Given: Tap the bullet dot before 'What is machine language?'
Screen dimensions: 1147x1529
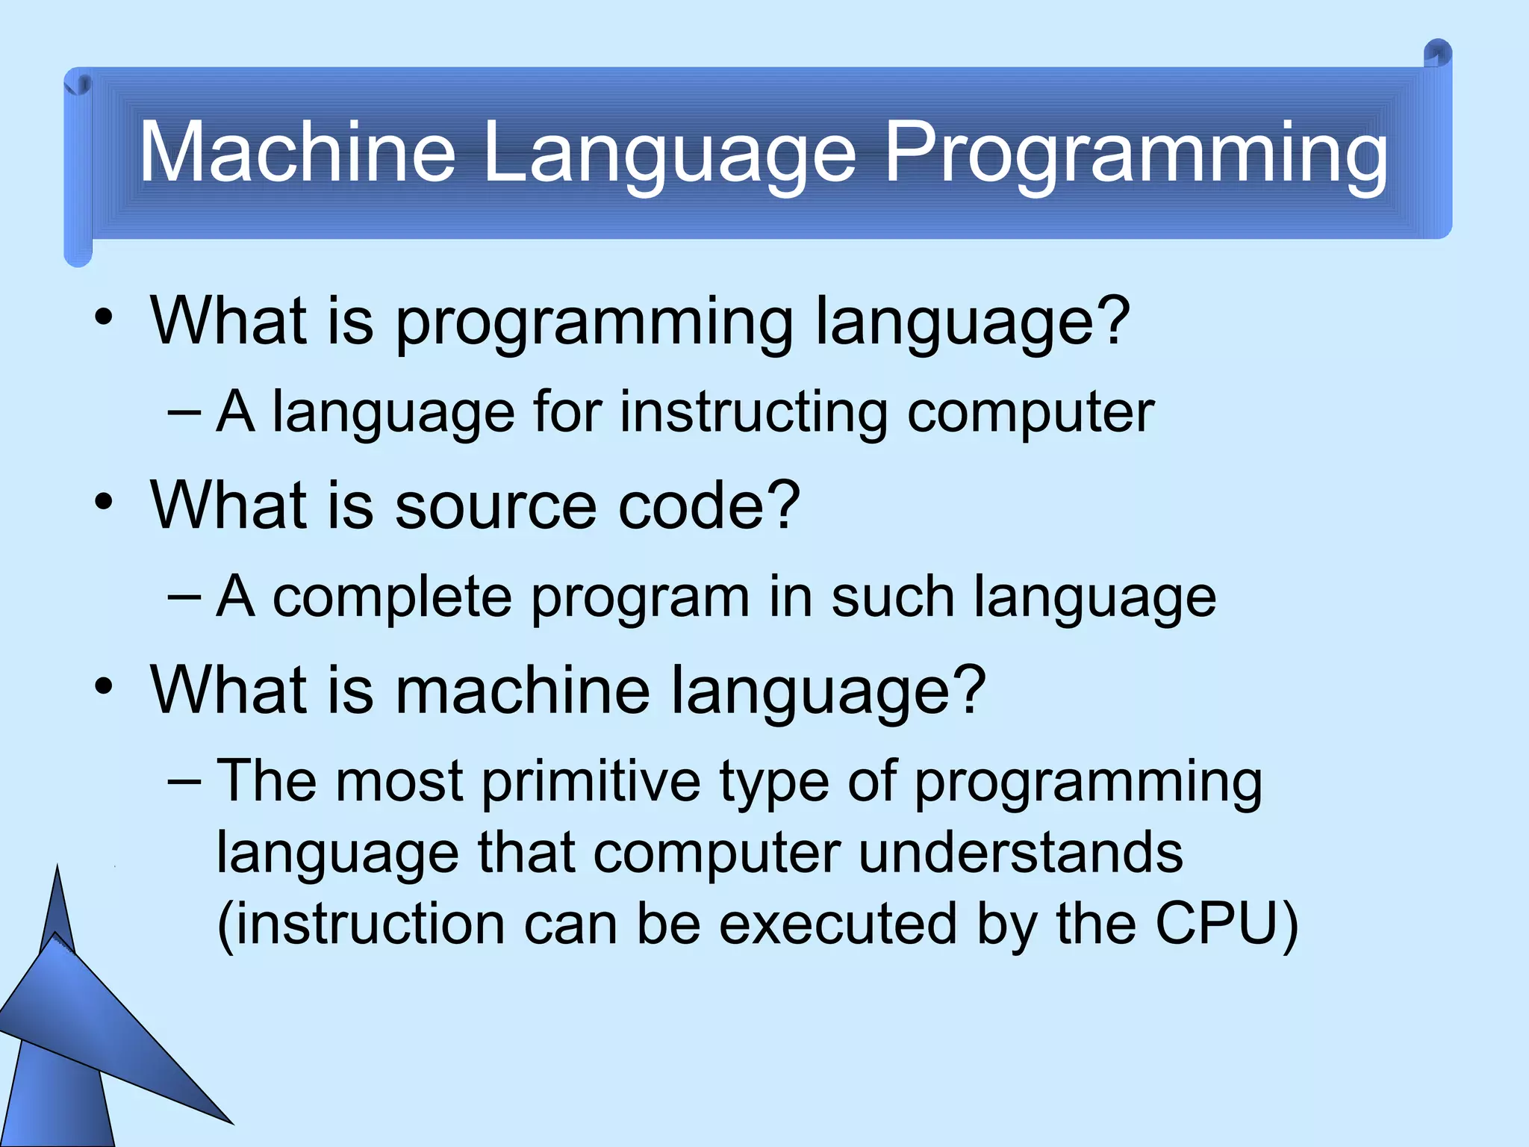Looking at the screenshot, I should tap(104, 686).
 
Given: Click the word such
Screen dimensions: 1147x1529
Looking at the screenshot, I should tap(892, 597).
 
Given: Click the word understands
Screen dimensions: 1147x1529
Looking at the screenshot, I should tap(1021, 853).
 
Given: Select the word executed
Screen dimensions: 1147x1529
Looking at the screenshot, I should tap(838, 924).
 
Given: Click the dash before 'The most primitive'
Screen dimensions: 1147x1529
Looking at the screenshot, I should tap(184, 781).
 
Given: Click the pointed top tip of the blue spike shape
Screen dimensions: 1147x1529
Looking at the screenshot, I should tap(58, 868).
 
